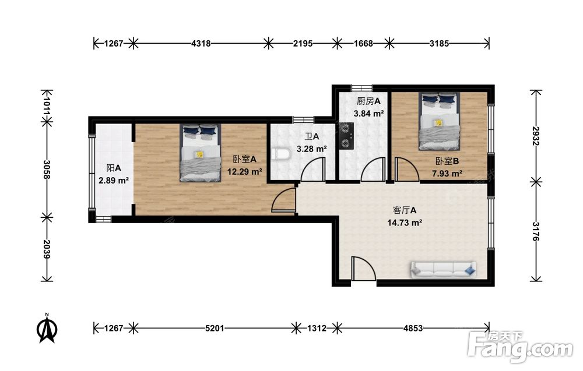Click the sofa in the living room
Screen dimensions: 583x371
coord(444,269)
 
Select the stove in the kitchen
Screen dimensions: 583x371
coord(346,136)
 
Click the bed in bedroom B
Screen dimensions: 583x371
coord(439,121)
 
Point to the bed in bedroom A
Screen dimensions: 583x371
coord(201,153)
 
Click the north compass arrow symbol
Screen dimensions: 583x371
coord(47,328)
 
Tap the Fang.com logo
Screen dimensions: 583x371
coord(521,346)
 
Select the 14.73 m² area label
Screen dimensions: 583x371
coord(405,223)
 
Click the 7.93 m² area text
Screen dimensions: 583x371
coord(447,174)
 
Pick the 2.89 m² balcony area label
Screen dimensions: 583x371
coord(114,181)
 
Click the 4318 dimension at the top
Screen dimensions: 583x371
coord(201,44)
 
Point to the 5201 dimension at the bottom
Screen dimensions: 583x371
coord(215,328)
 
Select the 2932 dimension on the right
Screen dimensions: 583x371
coord(536,136)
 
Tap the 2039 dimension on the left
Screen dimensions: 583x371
coord(47,249)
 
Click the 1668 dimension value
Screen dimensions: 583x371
coord(363,44)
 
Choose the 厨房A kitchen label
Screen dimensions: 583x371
coord(368,101)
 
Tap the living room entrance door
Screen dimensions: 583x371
coord(364,268)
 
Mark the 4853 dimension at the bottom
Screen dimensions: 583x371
coord(413,328)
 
